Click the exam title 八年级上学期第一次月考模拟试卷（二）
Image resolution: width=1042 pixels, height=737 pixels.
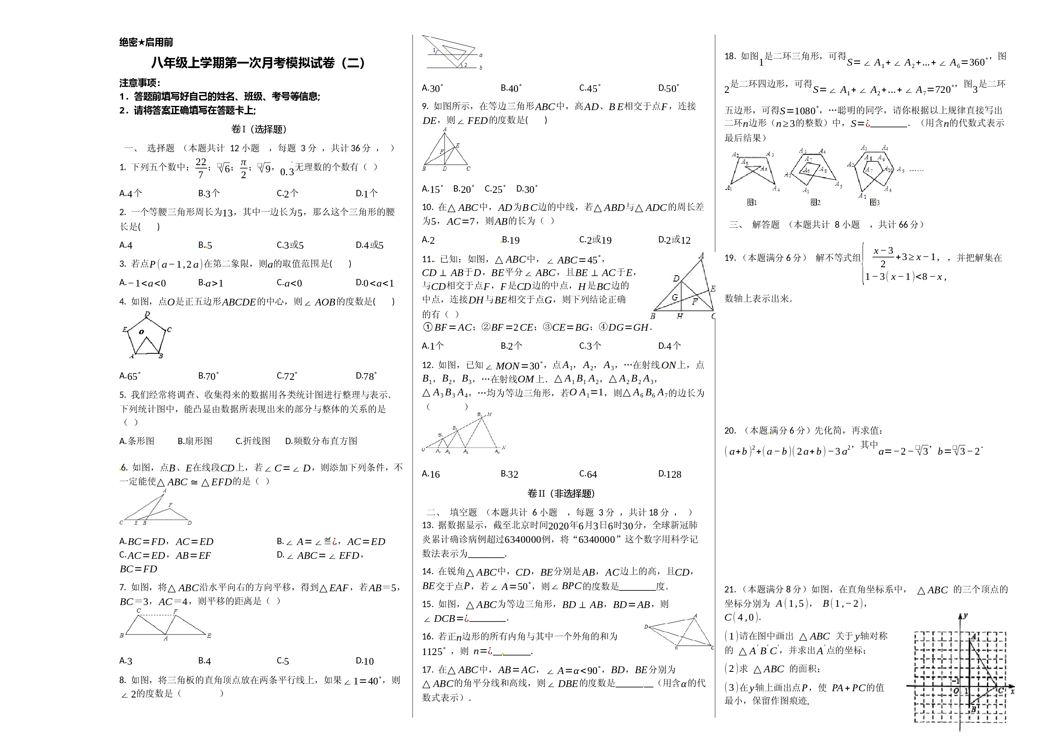[x=258, y=63]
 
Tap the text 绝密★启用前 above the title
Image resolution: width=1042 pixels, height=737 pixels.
[x=146, y=42]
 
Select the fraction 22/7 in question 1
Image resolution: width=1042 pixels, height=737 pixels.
[x=201, y=168]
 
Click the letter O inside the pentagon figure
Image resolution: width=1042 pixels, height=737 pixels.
[x=142, y=332]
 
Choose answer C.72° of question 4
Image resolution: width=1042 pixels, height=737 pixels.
[x=287, y=376]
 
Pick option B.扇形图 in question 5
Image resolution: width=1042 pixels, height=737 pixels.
[x=195, y=441]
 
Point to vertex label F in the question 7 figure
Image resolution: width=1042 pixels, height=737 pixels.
[x=175, y=611]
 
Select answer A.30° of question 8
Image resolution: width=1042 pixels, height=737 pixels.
[x=432, y=89]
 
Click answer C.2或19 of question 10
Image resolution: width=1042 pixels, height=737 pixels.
[x=595, y=240]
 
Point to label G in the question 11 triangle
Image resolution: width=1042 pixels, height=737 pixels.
[x=675, y=297]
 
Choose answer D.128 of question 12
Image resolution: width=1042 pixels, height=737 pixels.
[x=670, y=474]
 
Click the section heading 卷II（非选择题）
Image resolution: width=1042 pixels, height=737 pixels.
[x=561, y=493]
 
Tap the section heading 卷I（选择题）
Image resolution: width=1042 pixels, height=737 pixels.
[x=259, y=129]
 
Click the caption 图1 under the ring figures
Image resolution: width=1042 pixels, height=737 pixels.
[x=752, y=203]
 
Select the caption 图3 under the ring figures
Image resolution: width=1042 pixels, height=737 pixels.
[x=874, y=203]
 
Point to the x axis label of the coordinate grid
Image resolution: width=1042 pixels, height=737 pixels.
[x=1013, y=692]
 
